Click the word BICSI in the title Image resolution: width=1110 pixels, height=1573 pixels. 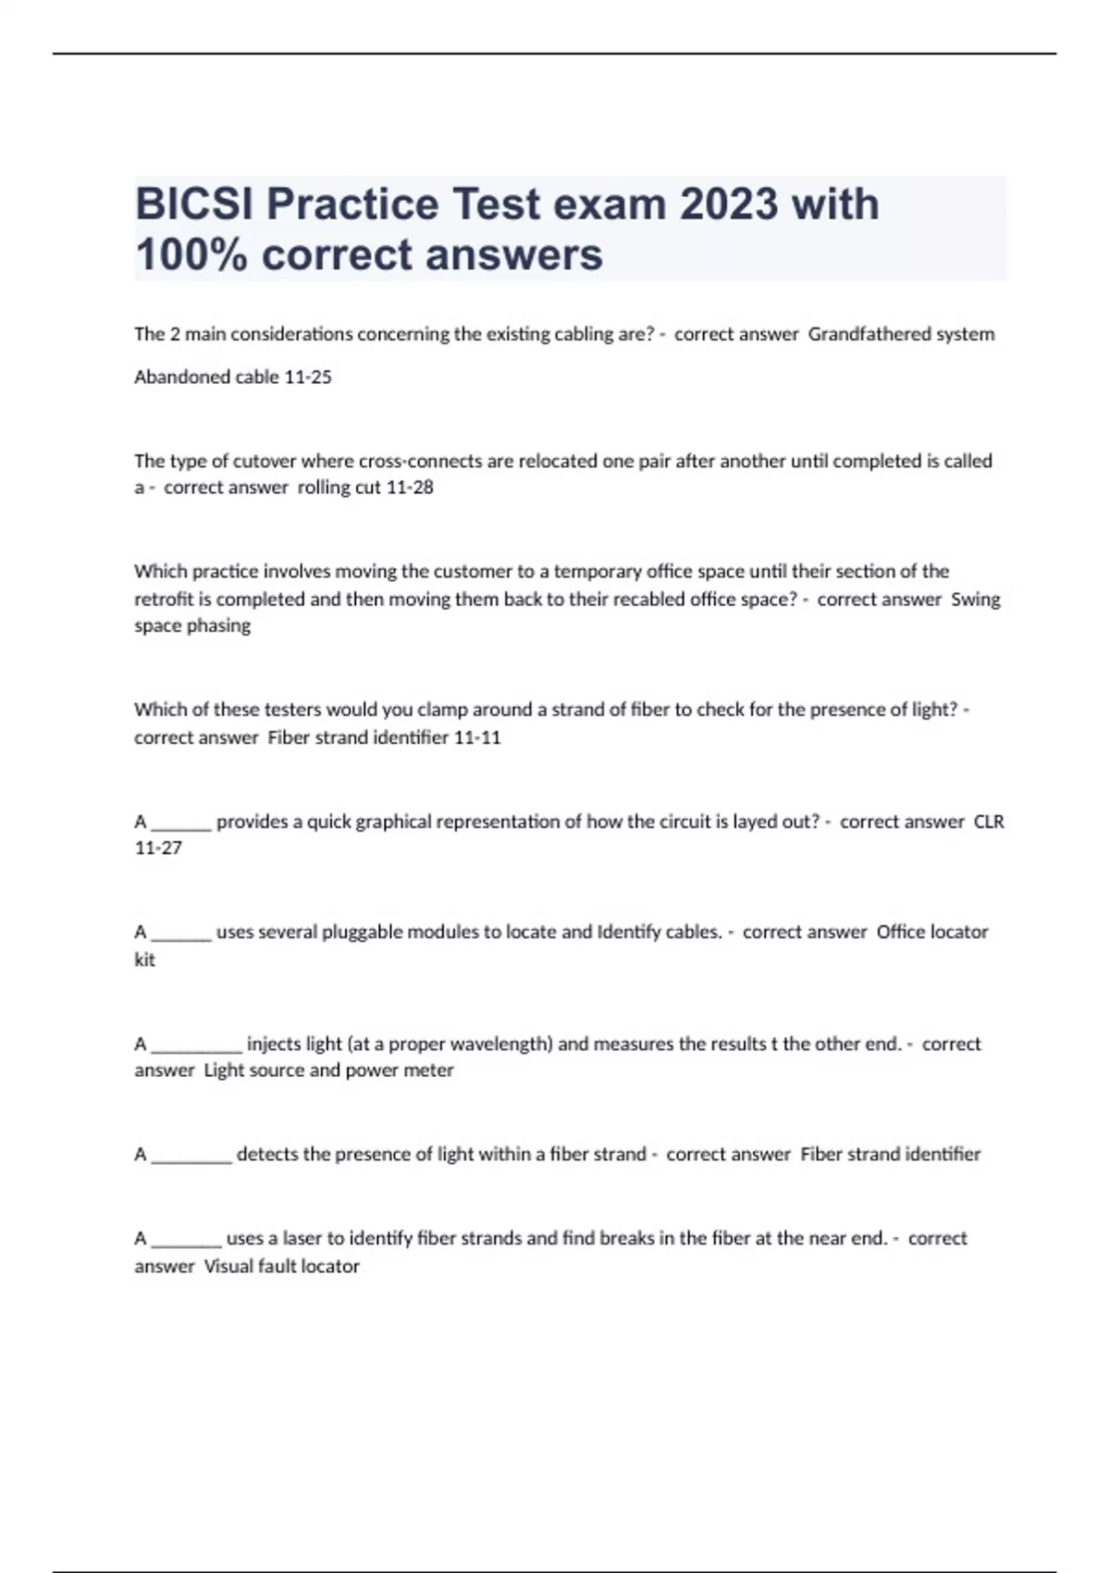pyautogui.click(x=195, y=204)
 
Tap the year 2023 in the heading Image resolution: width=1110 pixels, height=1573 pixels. pyautogui.click(x=729, y=204)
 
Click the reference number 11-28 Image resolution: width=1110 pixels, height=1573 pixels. pyautogui.click(x=409, y=487)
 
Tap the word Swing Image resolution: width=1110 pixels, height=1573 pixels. pyautogui.click(x=975, y=599)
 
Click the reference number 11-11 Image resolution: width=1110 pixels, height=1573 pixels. pyautogui.click(x=477, y=737)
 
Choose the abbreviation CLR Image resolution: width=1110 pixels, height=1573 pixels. pyautogui.click(x=988, y=822)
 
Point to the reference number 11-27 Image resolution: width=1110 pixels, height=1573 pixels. pyautogui.click(x=158, y=848)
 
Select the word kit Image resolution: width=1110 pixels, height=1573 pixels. pyautogui.click(x=144, y=960)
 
